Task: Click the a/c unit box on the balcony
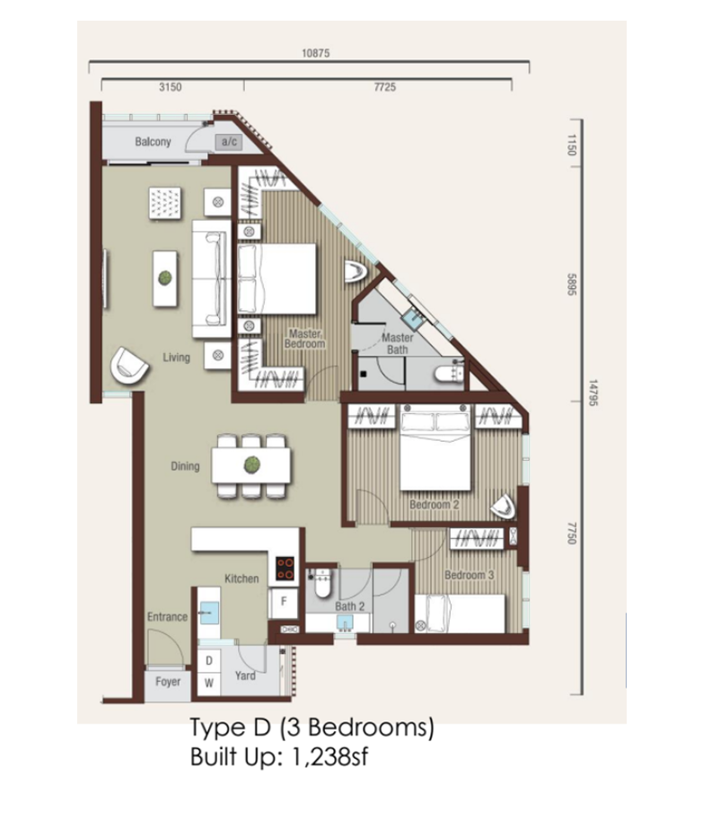(229, 142)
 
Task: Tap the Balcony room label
(153, 142)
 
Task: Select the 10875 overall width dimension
(315, 53)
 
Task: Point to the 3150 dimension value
(171, 87)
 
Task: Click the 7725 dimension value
(384, 87)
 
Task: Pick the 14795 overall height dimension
(593, 393)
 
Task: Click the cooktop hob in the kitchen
(286, 569)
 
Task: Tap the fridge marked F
(284, 602)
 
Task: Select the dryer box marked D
(209, 660)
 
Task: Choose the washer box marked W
(209, 684)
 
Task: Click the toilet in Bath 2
(322, 583)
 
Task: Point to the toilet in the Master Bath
(449, 373)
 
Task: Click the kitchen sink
(209, 613)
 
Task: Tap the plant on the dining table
(251, 465)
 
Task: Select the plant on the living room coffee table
(165, 278)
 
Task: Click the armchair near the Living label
(128, 365)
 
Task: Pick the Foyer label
(168, 682)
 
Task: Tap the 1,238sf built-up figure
(330, 757)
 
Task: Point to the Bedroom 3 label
(470, 575)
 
